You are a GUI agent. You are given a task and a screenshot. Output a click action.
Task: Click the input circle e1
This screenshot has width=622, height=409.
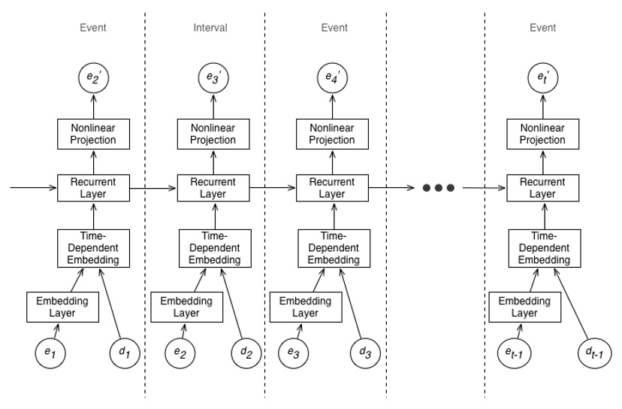pyautogui.click(x=53, y=353)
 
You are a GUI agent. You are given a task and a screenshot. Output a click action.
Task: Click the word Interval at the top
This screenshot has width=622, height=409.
pyautogui.click(x=210, y=28)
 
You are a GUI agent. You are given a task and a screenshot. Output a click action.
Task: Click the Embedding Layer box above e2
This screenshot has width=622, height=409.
pyautogui.click(x=183, y=306)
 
